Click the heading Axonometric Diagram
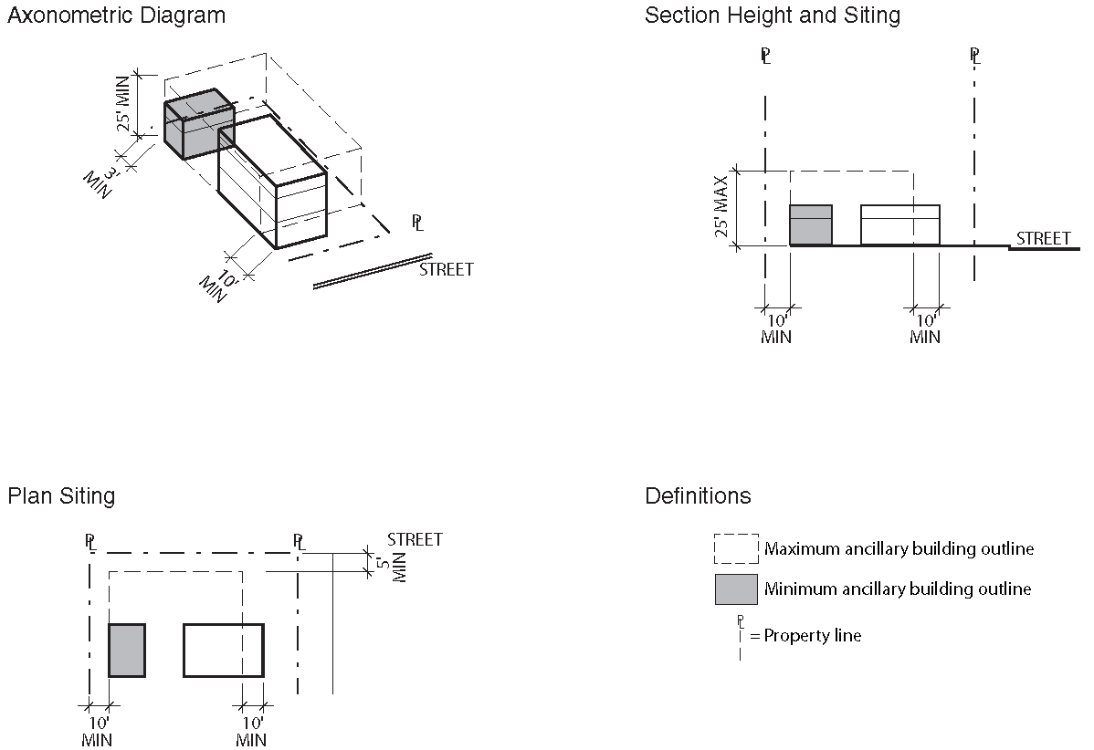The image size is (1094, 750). point(117,16)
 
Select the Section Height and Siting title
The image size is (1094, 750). point(773,16)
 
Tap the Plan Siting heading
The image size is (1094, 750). point(61,496)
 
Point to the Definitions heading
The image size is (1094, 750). point(698,495)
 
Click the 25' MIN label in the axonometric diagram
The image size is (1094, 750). point(123,103)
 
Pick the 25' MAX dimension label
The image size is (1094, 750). point(721,206)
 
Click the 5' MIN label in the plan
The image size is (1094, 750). point(391,568)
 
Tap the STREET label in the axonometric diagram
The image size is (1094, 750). point(446,270)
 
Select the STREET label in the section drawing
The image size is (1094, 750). point(1043,238)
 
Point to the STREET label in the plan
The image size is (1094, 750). point(415,539)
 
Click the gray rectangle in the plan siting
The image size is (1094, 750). point(127,651)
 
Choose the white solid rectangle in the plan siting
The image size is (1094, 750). point(224,651)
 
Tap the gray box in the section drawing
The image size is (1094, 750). point(811,225)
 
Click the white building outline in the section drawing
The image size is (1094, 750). point(900,225)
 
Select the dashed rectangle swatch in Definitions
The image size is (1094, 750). point(736,548)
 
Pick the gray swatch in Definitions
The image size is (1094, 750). point(736,589)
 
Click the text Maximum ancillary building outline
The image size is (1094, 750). point(899,549)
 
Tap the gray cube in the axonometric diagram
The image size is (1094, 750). point(199,124)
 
